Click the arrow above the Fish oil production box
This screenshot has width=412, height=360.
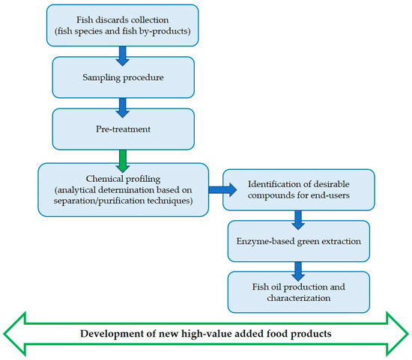point(298,266)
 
